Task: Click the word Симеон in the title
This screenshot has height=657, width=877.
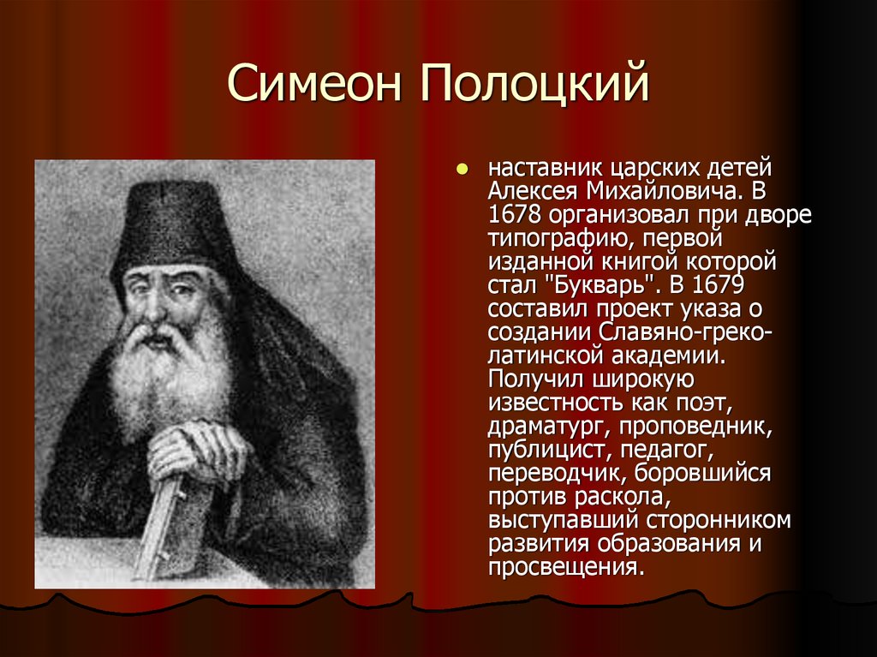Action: [x=314, y=83]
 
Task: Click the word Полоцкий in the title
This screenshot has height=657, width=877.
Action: [x=534, y=83]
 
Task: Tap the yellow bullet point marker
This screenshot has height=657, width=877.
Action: [x=462, y=168]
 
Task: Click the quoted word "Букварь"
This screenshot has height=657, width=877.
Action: [x=602, y=285]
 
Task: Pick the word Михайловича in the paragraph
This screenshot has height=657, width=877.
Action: [x=665, y=191]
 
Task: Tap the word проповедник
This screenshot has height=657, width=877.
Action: [x=695, y=427]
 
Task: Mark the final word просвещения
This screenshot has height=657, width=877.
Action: [x=567, y=568]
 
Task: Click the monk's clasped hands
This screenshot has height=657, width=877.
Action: [x=196, y=448]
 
